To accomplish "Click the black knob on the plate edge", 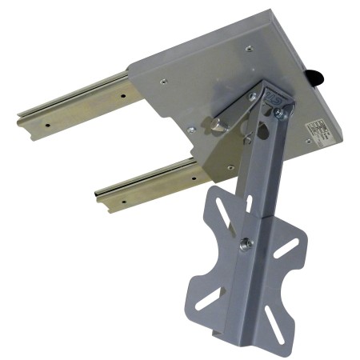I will point(316,78).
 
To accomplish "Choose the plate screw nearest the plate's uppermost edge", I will point(248,49).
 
